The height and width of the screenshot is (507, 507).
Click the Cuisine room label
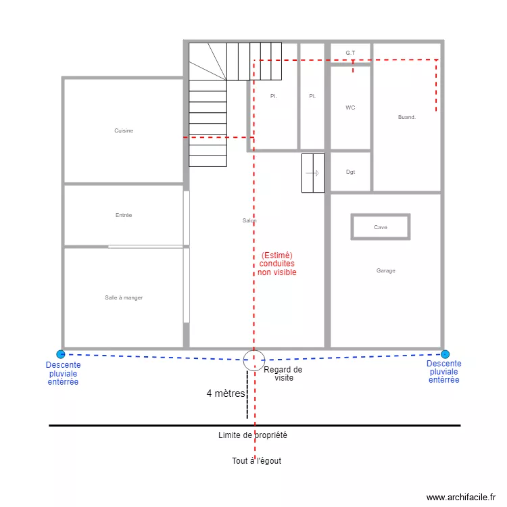tap(124, 130)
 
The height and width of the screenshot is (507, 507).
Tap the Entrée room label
tap(124, 215)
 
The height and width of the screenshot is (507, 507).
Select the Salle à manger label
tap(124, 297)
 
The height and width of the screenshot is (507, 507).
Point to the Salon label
tap(249, 221)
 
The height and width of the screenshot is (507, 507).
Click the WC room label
tap(350, 107)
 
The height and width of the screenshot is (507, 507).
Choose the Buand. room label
tap(407, 117)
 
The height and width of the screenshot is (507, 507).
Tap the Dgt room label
tap(350, 172)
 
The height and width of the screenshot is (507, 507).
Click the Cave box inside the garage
tap(381, 227)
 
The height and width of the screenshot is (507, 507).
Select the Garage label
tap(386, 270)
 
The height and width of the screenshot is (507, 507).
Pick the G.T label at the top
tap(350, 52)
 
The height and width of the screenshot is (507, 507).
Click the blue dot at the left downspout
tap(61, 354)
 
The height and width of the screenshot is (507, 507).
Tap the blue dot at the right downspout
tap(445, 354)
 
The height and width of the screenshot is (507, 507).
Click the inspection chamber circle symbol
tap(254, 360)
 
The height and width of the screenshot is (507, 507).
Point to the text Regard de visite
tap(283, 374)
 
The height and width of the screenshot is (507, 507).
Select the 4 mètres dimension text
tap(226, 393)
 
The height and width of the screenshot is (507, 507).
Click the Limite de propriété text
tap(253, 435)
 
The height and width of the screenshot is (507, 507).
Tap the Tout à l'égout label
tap(256, 461)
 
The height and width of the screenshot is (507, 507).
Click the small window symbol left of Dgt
tap(313, 173)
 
